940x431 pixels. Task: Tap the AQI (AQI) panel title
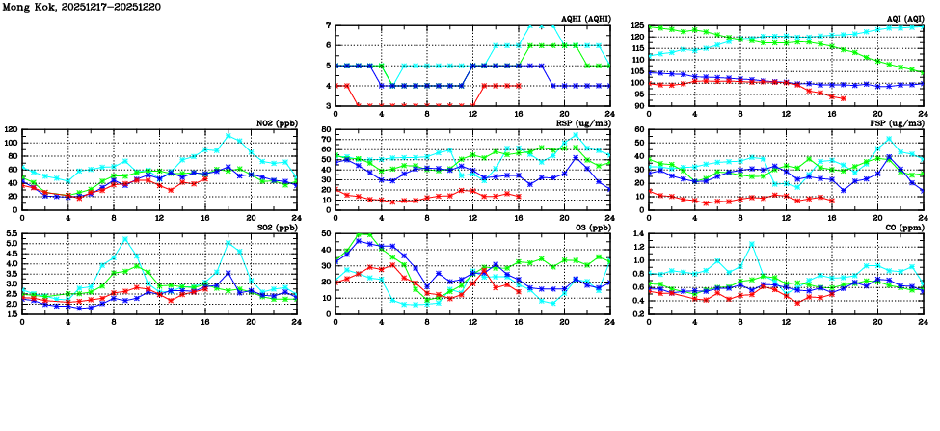click(x=899, y=18)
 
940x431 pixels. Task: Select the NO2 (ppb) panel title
click(x=274, y=123)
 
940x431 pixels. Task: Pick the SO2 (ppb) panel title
click(x=274, y=229)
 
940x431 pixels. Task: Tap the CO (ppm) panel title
click(x=902, y=229)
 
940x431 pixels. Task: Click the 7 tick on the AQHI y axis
click(x=328, y=25)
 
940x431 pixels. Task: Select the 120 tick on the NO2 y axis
click(x=11, y=129)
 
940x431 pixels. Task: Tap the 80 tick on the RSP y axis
click(x=326, y=129)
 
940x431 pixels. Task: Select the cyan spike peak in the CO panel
click(x=751, y=243)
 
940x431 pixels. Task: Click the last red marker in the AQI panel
click(x=843, y=98)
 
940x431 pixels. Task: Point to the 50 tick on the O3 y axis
click(x=326, y=234)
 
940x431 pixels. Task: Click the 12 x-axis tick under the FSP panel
click(x=786, y=217)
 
